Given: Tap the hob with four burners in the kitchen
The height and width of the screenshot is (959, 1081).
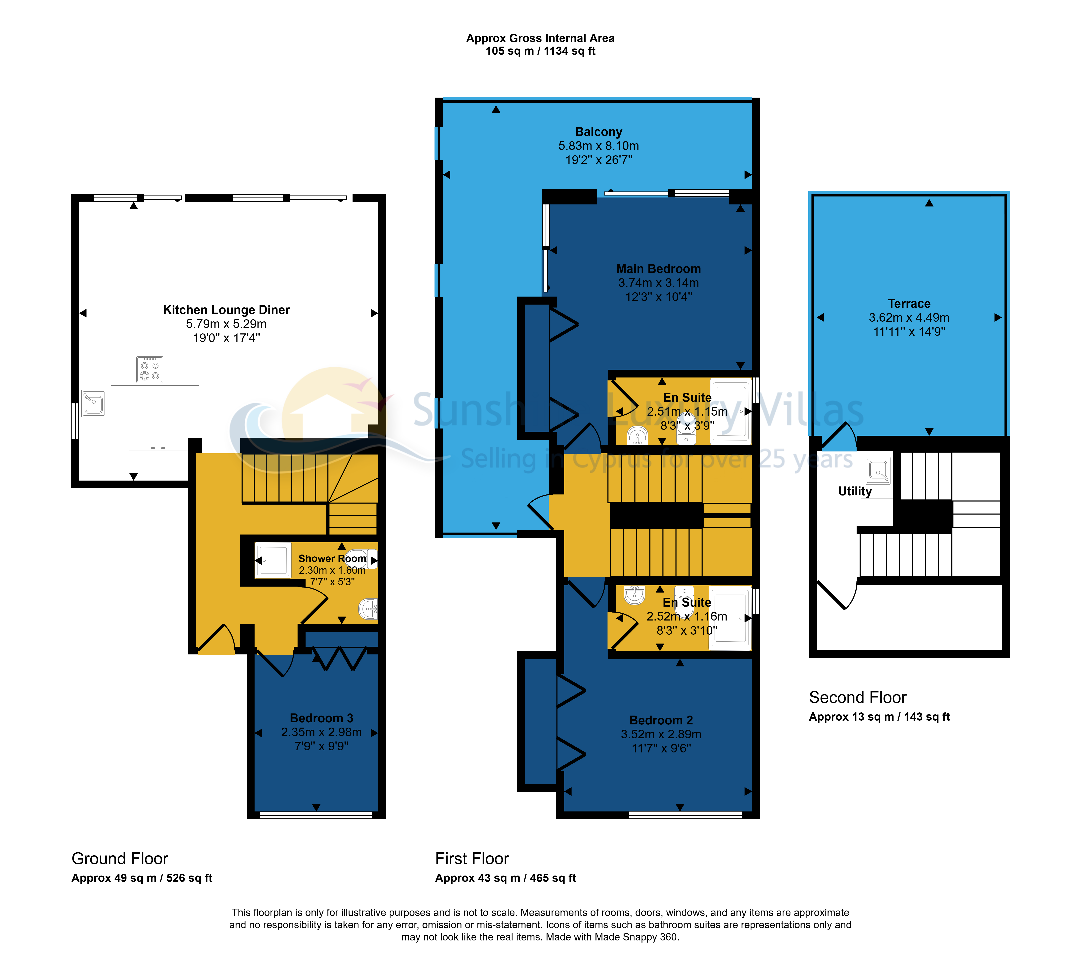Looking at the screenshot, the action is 150,369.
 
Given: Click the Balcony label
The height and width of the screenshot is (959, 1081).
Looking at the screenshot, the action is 599,132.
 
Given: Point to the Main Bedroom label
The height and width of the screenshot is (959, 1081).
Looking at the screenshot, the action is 659,269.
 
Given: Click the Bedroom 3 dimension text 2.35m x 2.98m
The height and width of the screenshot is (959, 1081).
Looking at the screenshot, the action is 322,732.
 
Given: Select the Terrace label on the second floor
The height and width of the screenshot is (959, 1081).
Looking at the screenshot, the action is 909,304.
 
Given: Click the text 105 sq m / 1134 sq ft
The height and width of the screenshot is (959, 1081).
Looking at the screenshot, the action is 540,51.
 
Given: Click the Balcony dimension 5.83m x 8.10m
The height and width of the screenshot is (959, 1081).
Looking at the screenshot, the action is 599,145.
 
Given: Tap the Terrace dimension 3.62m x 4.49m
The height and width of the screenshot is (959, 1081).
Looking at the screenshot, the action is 909,317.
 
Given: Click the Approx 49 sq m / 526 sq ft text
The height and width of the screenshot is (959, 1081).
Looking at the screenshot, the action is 142,878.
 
